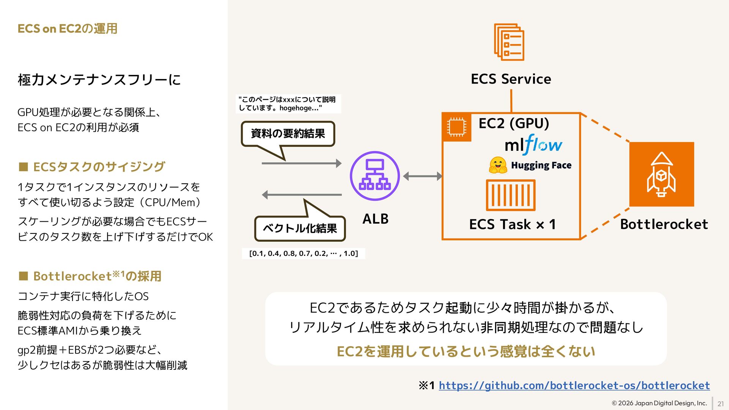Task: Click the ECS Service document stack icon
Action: (509, 42)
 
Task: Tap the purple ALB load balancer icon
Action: (375, 176)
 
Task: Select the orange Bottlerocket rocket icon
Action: (661, 174)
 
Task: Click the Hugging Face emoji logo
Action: (498, 165)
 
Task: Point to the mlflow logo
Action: (533, 145)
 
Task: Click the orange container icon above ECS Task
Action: (511, 195)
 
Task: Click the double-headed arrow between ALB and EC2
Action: (423, 176)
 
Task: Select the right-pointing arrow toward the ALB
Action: (301, 163)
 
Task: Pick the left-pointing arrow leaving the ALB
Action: (301, 195)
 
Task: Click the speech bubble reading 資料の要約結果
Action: (288, 134)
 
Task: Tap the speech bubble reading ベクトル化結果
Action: (300, 228)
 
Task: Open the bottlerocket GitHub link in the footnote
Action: (574, 386)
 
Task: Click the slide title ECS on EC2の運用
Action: (67, 28)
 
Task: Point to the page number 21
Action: (720, 404)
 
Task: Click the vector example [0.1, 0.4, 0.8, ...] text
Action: (303, 253)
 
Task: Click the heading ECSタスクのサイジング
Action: (99, 167)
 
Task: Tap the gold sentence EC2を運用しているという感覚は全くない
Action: (465, 352)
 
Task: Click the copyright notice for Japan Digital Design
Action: (659, 403)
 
